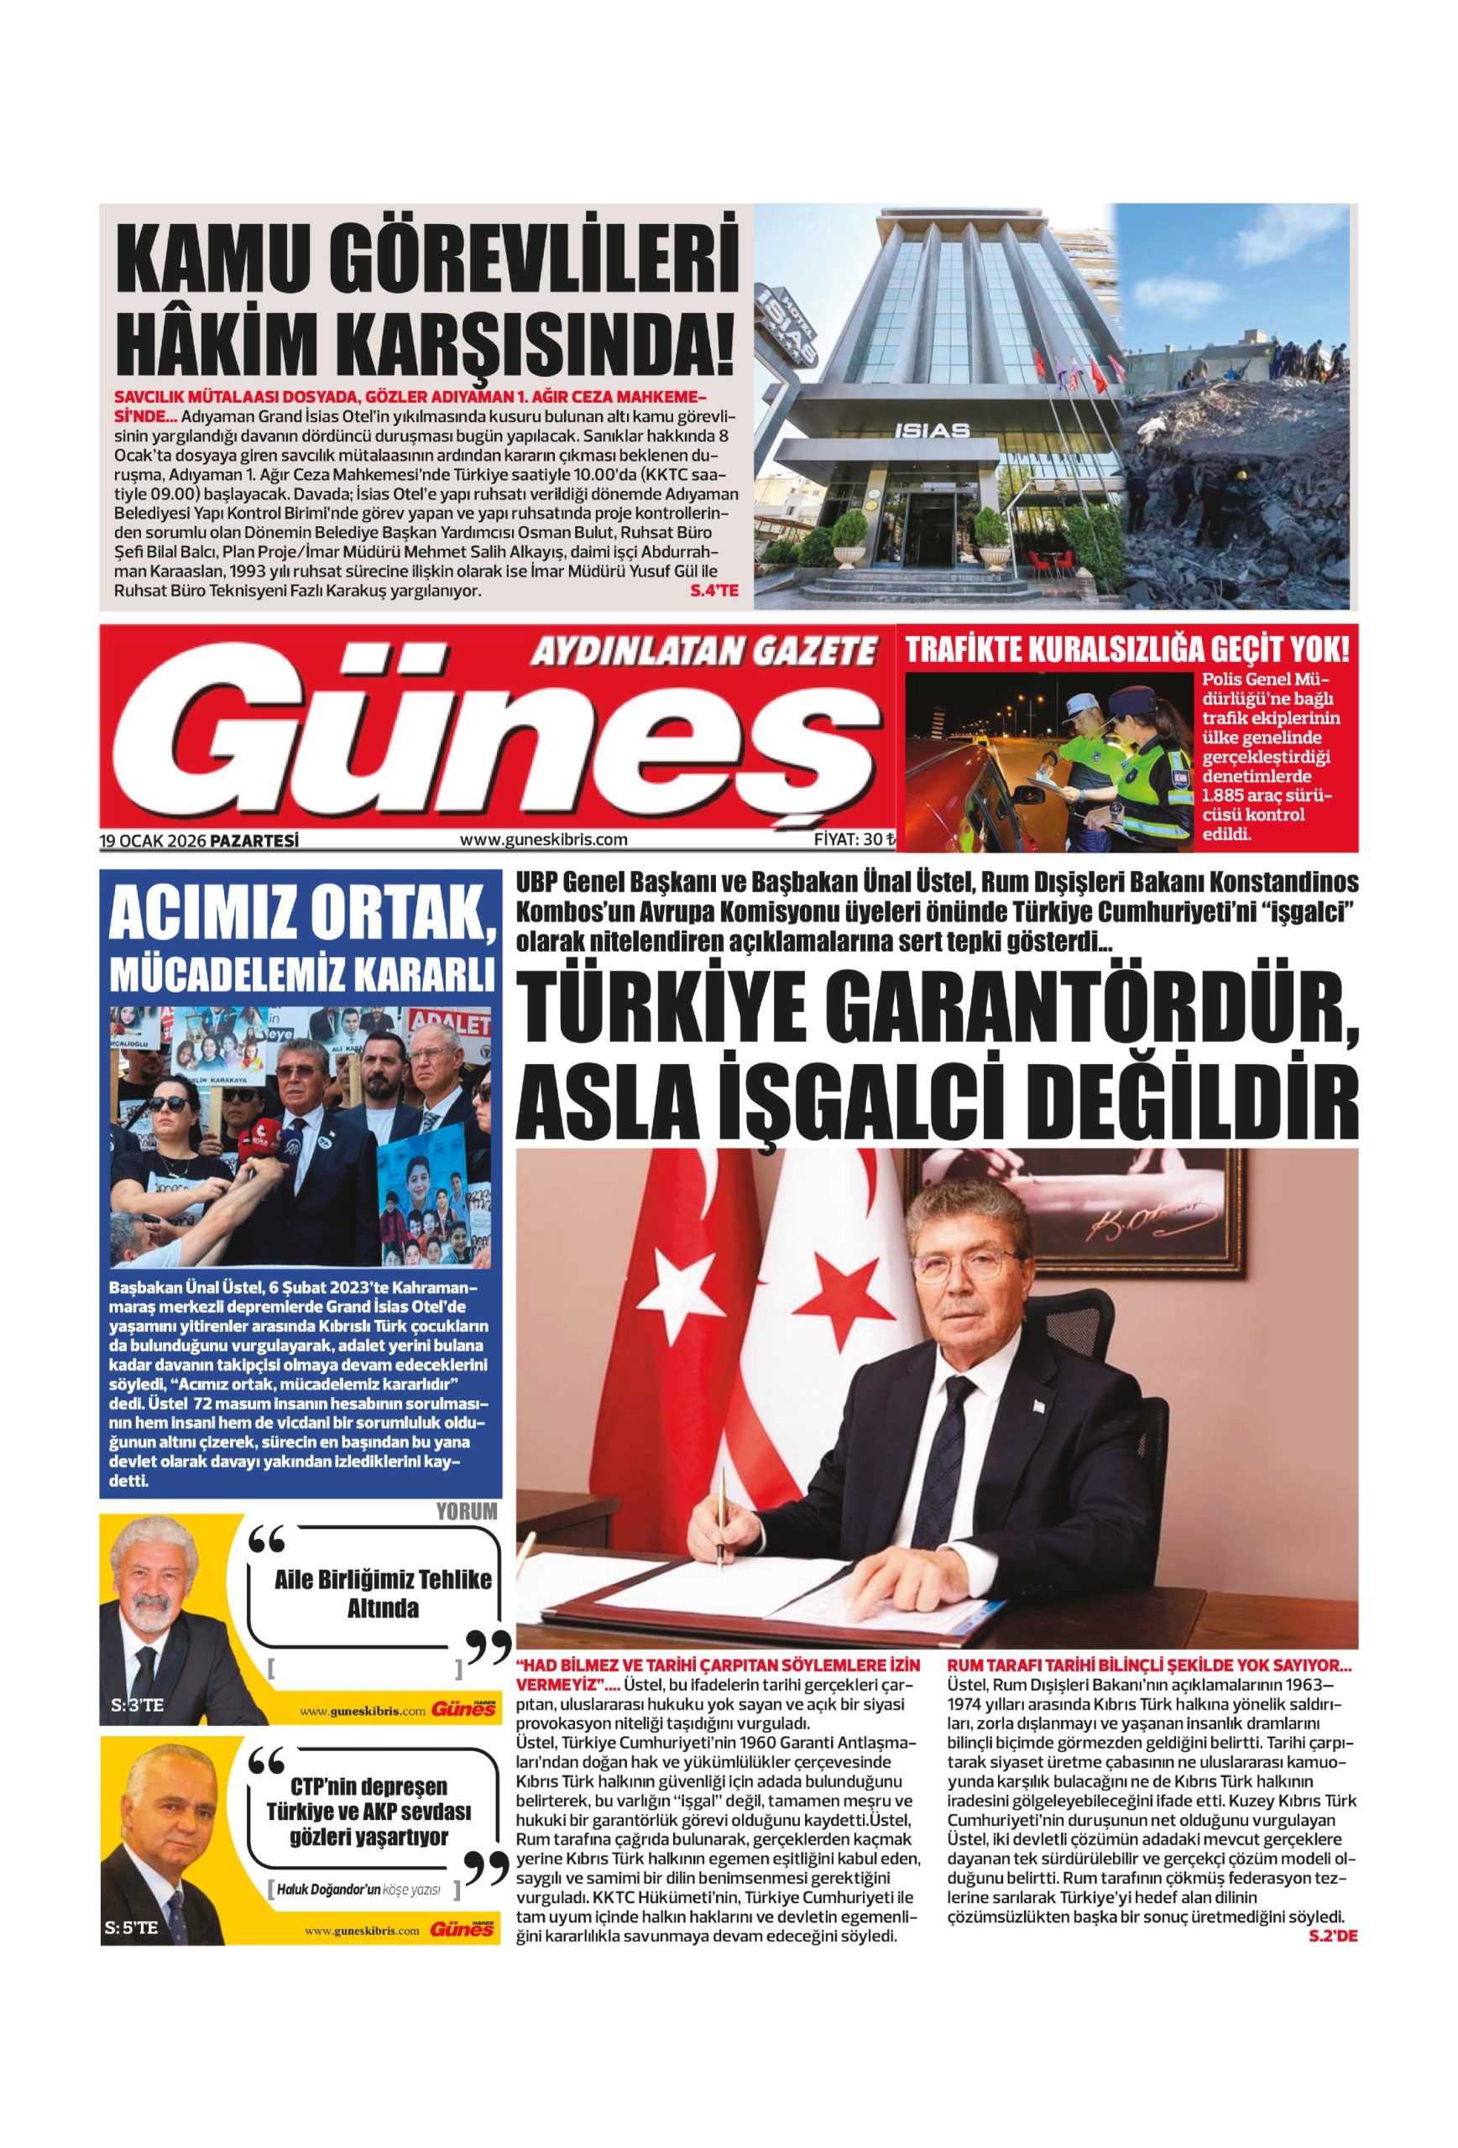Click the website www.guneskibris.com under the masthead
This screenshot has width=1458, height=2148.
pyautogui.click(x=544, y=840)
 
